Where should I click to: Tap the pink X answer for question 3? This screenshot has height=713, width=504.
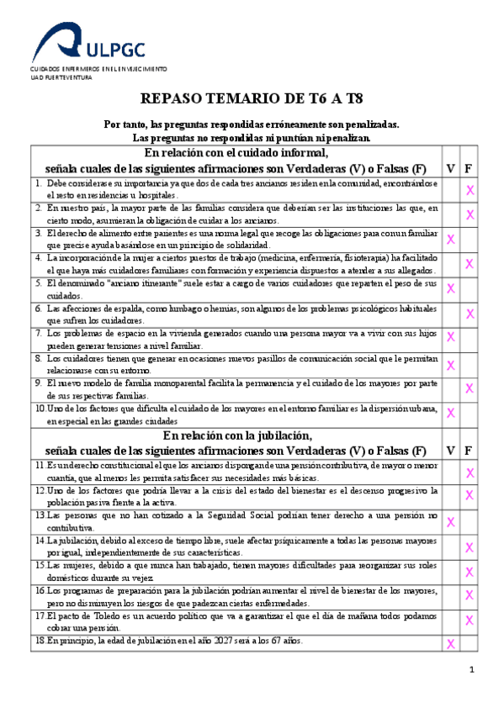451,239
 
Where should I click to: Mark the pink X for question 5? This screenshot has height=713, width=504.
451,288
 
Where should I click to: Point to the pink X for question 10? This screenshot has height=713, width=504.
451,413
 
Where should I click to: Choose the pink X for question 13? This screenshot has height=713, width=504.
451,521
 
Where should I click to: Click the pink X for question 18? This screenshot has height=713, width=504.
451,644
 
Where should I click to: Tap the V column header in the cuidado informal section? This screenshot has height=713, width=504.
451,168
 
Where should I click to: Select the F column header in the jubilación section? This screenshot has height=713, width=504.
469,450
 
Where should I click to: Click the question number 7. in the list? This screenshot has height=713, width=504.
39,333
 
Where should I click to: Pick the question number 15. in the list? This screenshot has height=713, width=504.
40,565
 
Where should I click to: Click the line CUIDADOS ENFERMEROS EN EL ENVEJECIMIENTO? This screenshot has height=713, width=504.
98,68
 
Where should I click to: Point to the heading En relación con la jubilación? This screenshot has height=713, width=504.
237,435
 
